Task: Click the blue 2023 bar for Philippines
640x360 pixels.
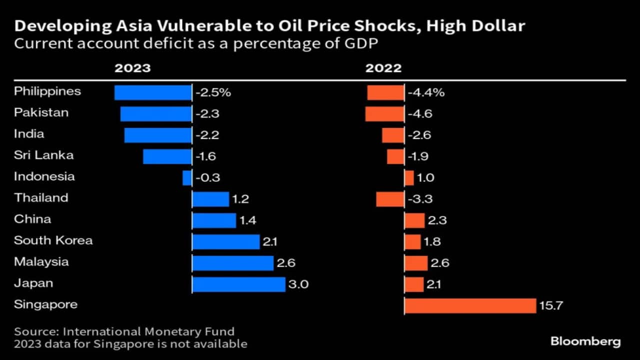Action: pyautogui.click(x=153, y=92)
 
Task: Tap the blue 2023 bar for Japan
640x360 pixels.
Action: pyautogui.click(x=238, y=284)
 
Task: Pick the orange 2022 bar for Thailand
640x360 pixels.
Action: pyautogui.click(x=390, y=199)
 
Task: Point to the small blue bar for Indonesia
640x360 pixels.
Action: pyautogui.click(x=187, y=177)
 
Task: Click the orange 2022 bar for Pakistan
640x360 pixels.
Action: pyautogui.click(x=384, y=113)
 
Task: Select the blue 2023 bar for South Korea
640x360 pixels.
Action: pyautogui.click(x=226, y=241)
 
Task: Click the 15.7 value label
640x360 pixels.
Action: pyautogui.click(x=551, y=305)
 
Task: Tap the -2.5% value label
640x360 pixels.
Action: pyautogui.click(x=213, y=92)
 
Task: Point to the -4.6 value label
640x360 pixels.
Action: pyautogui.click(x=420, y=113)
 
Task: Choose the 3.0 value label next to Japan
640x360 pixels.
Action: pyautogui.click(x=298, y=284)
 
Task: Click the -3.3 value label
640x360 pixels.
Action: pyautogui.click(x=420, y=199)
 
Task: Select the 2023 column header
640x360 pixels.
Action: pyautogui.click(x=132, y=68)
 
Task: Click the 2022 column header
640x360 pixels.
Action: pyautogui.click(x=383, y=68)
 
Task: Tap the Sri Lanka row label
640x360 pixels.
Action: pyautogui.click(x=43, y=155)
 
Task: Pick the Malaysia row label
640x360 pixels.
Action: pyautogui.click(x=41, y=261)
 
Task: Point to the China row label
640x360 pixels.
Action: pyautogui.click(x=32, y=219)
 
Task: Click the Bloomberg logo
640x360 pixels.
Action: pyautogui.click(x=585, y=342)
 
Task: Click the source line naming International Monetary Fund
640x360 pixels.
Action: pyautogui.click(x=124, y=331)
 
